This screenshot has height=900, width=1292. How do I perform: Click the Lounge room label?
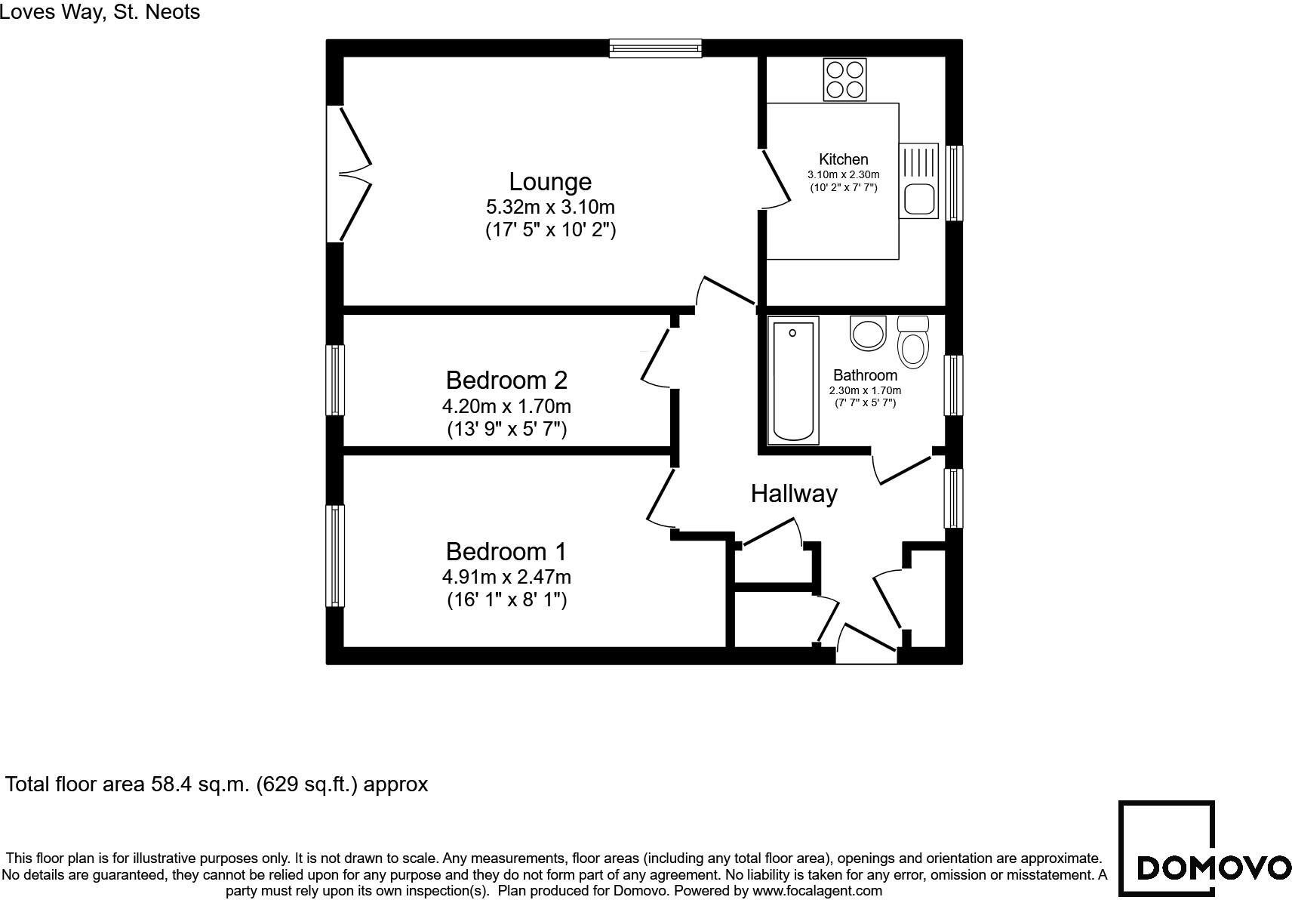coord(550,182)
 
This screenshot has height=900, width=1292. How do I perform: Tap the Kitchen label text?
coord(843,159)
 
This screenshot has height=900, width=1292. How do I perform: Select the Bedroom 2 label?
coord(506,380)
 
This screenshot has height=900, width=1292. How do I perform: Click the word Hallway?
coord(793,494)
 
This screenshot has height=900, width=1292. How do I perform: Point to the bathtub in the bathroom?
coord(793,380)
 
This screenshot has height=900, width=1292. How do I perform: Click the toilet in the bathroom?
coord(913,343)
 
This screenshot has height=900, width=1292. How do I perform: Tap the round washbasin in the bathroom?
coord(867,333)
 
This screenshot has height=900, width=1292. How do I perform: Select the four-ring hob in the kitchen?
coord(844,80)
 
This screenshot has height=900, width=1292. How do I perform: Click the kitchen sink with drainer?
coord(918,181)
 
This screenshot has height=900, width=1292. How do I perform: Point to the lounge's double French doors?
coord(352,174)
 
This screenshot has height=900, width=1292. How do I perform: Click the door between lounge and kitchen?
coord(776,180)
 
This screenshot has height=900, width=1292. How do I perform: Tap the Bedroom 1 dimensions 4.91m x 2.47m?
coord(506,578)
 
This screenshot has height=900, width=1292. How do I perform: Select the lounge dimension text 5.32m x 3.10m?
coord(550,207)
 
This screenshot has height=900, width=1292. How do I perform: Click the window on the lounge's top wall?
coord(655,48)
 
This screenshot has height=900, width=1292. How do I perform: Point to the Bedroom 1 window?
coord(335,555)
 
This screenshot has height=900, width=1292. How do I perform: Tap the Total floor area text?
coord(217,784)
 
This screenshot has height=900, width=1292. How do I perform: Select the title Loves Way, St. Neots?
coord(100,11)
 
